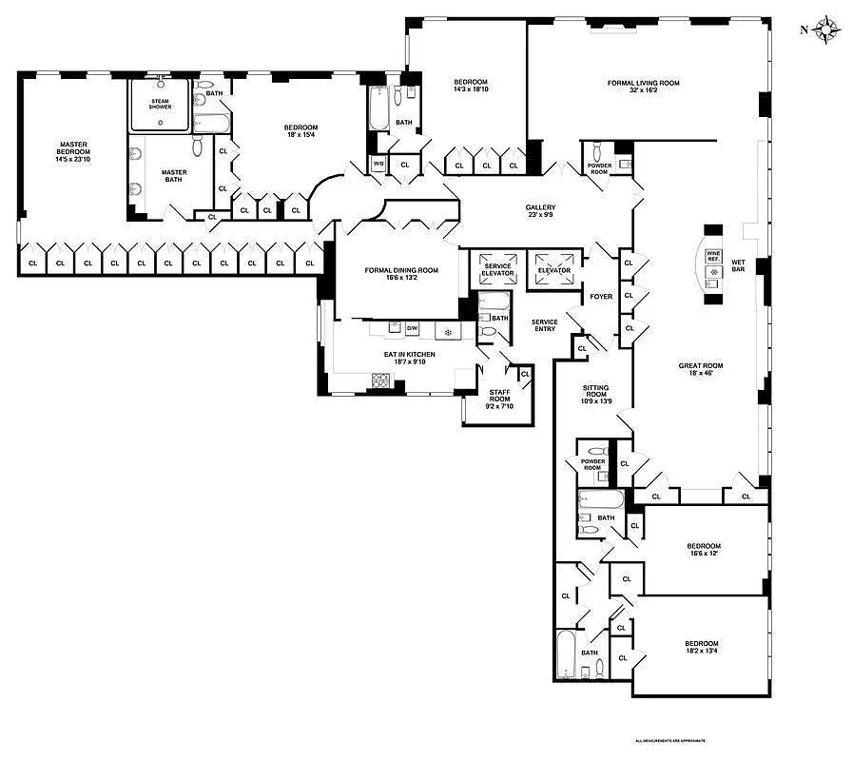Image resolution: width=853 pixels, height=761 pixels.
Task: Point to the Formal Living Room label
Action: coord(644,83)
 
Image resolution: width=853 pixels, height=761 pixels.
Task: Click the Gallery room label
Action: coord(540,207)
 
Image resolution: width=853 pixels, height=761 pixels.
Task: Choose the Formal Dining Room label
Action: coord(401,270)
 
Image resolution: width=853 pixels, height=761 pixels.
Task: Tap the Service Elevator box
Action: coord(497,269)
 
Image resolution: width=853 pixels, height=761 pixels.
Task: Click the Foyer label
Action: coord(601,297)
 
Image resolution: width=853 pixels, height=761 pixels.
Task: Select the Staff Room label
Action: coord(499,396)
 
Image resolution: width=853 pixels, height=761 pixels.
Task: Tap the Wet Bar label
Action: coord(738,266)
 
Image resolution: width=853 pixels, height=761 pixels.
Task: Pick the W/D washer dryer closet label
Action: coord(378,165)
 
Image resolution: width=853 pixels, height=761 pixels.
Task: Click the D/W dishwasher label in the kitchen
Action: coord(412,328)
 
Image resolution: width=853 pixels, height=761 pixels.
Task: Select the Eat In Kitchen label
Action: coord(409,354)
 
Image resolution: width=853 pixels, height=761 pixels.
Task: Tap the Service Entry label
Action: coord(544,324)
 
